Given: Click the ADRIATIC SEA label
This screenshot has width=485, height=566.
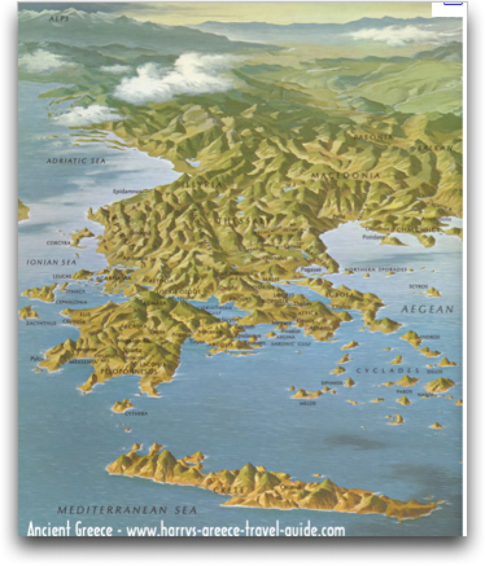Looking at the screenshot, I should [76, 160].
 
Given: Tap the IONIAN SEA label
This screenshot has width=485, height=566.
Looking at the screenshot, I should [51, 262].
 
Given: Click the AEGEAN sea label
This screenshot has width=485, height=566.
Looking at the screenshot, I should [427, 310].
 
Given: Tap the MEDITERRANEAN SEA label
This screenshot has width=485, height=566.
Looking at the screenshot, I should [117, 510].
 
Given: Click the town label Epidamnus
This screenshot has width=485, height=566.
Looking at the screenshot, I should [127, 191].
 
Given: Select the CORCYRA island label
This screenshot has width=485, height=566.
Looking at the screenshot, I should [58, 243].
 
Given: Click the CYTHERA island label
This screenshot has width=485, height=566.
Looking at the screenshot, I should [135, 413].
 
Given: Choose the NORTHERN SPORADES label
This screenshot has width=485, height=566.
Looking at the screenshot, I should [375, 269].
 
